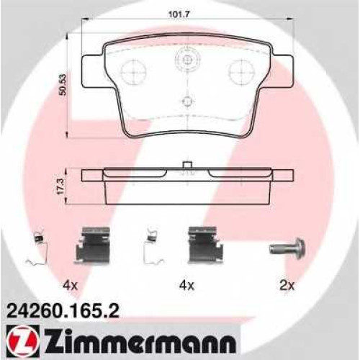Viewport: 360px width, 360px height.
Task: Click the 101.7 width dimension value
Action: (x=179, y=14)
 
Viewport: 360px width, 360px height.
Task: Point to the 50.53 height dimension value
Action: (x=63, y=85)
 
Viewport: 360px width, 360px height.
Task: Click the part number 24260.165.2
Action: (x=63, y=311)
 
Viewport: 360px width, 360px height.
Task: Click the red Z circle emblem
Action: (x=22, y=341)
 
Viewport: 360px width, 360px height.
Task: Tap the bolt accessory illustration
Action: (x=288, y=248)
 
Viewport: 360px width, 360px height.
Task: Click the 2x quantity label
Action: (x=287, y=285)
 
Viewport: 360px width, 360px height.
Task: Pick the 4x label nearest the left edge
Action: (x=70, y=285)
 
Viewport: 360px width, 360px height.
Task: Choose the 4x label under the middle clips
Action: (x=187, y=285)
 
